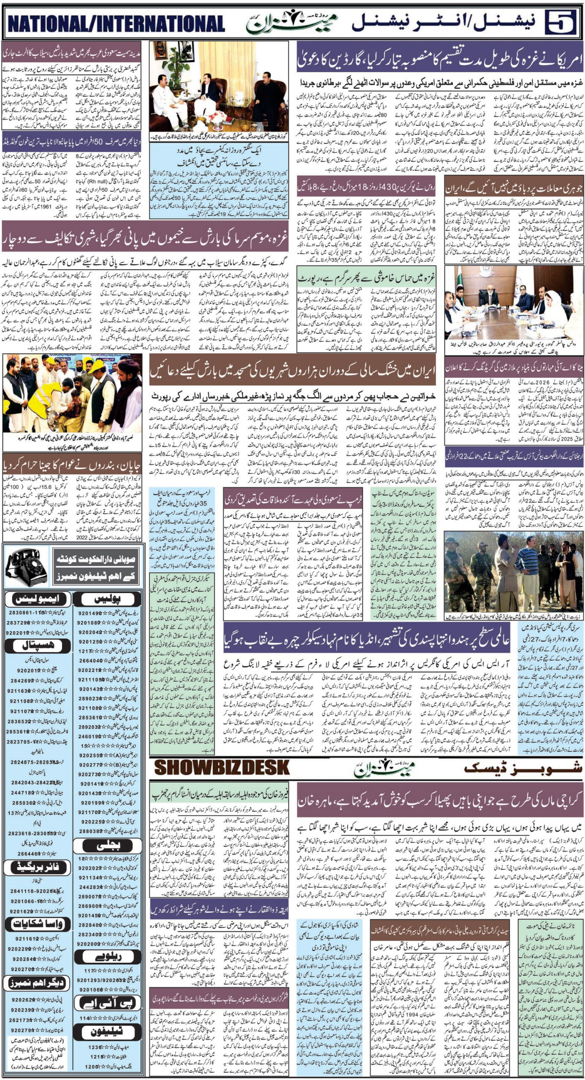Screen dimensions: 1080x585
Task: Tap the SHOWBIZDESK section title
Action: coord(222,766)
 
